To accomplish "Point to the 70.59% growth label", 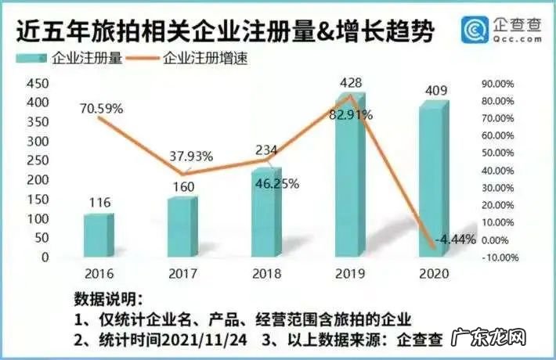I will click(101, 109).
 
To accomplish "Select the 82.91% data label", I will click(350, 114).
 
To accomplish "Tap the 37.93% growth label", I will click(191, 156).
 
